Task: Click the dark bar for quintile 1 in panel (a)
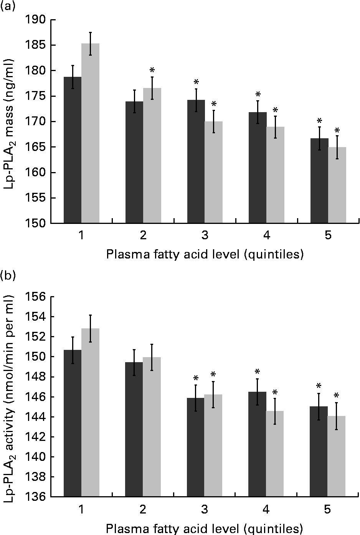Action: (x=73, y=150)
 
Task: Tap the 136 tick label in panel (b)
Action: (x=36, y=497)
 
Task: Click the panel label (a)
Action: (x=7, y=6)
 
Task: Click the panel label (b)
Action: (x=7, y=276)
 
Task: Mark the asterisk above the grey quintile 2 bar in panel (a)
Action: (x=152, y=71)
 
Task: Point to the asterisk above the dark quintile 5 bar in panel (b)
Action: (x=319, y=386)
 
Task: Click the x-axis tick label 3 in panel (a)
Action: (x=205, y=236)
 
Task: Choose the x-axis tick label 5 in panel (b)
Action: (x=328, y=509)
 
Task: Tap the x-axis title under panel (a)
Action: (x=205, y=254)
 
